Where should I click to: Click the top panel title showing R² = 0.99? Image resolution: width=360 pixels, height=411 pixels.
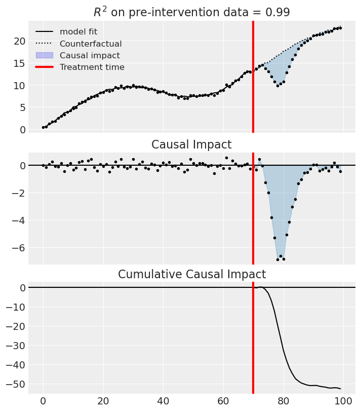[191, 12]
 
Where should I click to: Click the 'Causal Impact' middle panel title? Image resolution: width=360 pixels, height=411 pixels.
[191, 145]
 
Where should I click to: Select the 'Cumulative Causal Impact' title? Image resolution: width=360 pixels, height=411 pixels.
[191, 275]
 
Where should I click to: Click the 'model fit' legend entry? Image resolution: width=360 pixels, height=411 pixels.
[78, 32]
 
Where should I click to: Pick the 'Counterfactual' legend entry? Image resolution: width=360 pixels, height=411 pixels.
[91, 44]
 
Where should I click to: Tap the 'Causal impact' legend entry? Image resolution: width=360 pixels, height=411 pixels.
[90, 55]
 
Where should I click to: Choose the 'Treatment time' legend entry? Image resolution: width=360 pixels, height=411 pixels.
[92, 67]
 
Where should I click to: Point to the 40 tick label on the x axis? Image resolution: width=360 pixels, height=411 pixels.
[163, 401]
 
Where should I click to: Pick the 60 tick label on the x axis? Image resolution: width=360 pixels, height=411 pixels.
[223, 401]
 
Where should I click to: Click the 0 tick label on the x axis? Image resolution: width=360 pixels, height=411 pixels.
[44, 401]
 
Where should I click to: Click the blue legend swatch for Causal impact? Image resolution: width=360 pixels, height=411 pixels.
[45, 55]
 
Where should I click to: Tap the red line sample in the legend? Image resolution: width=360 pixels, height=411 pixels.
[45, 67]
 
